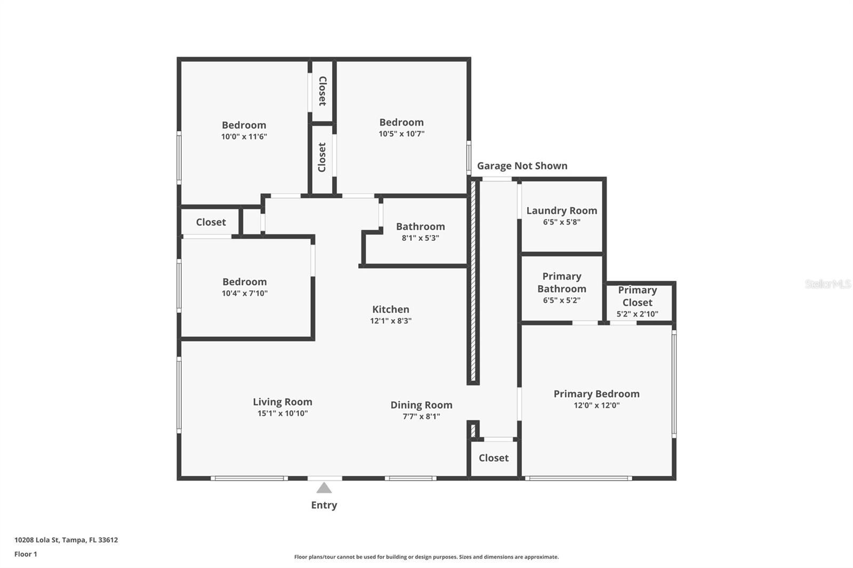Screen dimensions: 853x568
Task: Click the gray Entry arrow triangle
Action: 324,488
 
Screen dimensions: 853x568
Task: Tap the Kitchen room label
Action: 391,309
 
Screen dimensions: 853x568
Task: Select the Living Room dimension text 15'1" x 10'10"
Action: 283,413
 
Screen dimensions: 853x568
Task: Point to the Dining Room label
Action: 422,404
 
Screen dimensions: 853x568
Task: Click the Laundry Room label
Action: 562,210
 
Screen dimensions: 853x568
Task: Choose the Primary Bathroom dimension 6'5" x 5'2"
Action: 562,300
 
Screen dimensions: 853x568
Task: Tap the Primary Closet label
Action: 638,296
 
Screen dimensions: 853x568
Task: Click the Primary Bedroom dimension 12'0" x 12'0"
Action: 597,405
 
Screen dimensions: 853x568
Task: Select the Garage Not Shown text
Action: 522,166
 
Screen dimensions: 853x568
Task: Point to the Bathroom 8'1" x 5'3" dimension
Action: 421,238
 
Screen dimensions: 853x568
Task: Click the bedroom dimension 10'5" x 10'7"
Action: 401,134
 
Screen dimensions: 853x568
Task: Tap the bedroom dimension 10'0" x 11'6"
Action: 244,136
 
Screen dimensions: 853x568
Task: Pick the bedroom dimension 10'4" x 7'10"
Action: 245,293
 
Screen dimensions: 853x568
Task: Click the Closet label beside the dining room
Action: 494,458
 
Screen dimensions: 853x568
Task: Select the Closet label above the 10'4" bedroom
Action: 211,222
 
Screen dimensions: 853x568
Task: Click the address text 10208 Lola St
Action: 37,540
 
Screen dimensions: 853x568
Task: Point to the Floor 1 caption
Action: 26,554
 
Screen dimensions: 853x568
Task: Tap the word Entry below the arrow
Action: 324,505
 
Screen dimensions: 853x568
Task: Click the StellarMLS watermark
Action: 828,283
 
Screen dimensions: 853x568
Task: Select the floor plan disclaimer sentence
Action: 426,557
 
